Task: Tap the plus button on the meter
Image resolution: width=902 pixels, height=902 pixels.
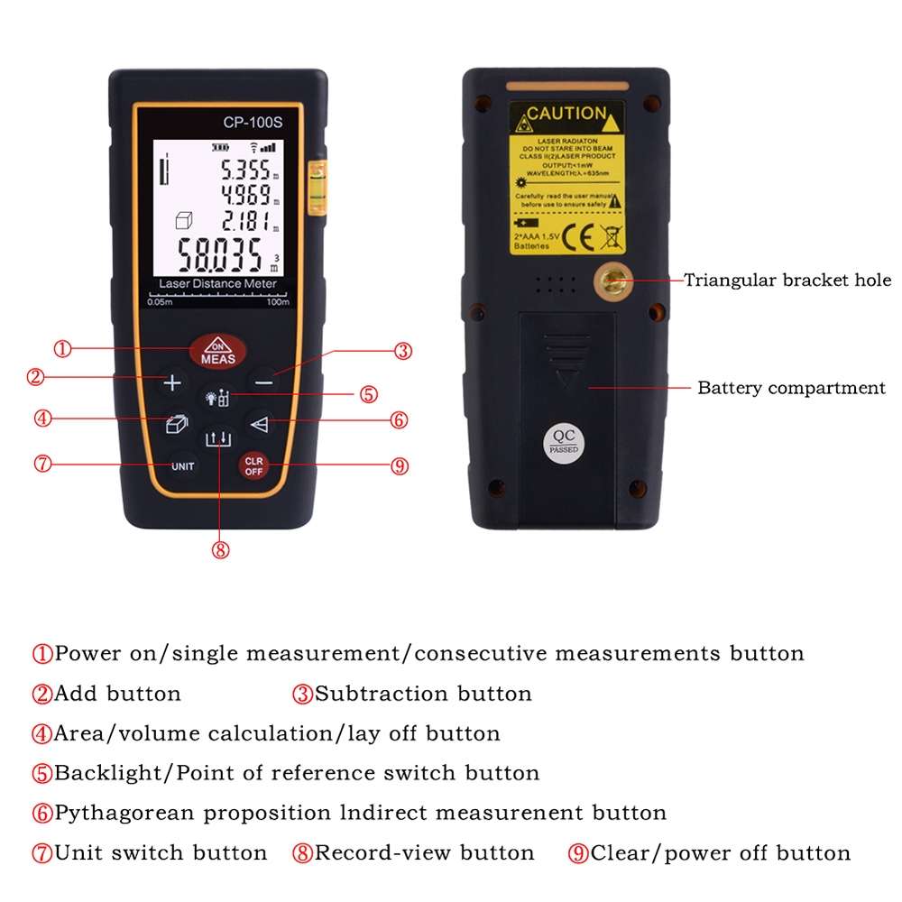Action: [172, 382]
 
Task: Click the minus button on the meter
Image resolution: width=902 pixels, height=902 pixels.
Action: [262, 382]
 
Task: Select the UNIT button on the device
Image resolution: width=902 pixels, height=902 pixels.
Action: [183, 466]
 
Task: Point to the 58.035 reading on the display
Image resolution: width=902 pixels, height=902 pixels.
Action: [221, 254]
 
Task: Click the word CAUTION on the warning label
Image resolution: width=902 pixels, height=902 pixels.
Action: [566, 114]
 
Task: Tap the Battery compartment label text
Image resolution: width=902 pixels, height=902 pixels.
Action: [791, 389]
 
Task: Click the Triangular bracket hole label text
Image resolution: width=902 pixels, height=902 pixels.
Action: [787, 281]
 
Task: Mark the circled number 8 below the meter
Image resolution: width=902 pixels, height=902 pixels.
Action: [220, 550]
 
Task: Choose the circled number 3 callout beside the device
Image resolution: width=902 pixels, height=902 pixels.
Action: [403, 351]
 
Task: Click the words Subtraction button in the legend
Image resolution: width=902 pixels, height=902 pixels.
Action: [423, 694]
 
